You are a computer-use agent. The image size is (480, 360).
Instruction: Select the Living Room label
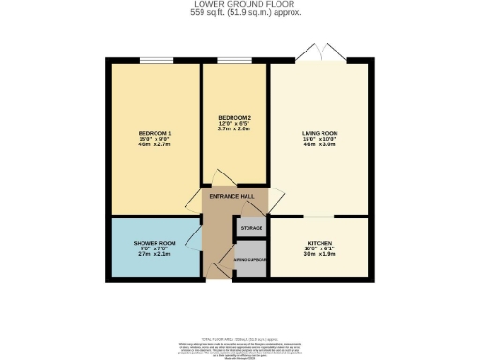(x=319, y=134)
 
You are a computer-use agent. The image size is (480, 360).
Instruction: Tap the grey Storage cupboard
(x=250, y=228)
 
